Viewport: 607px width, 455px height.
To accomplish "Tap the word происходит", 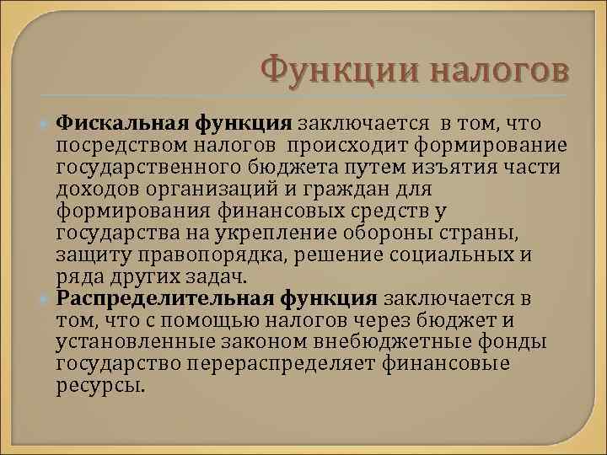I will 353,147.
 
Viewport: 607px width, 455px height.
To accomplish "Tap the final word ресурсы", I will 100,385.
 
